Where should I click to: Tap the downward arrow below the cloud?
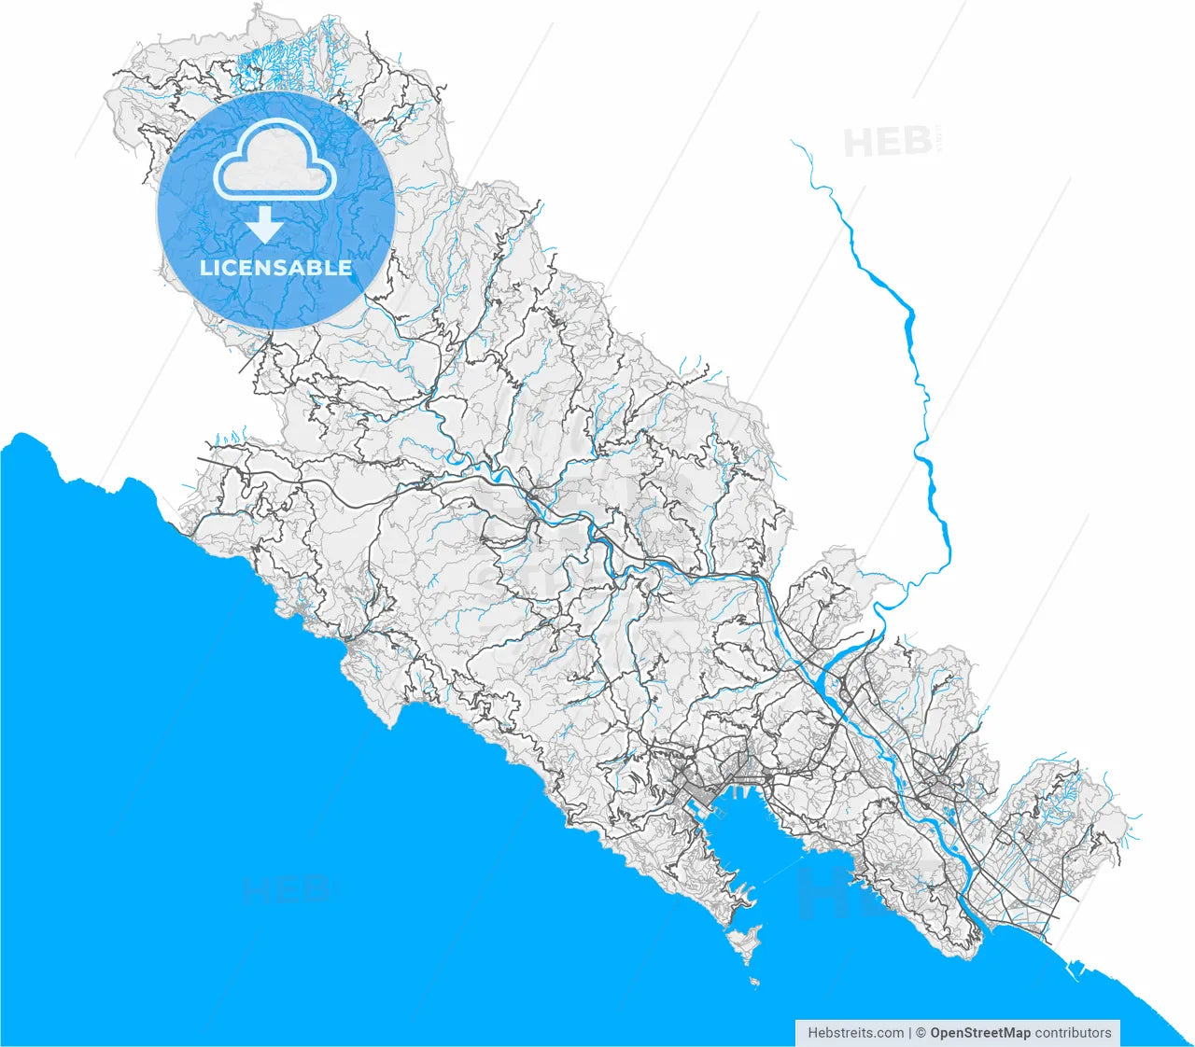coord(265,225)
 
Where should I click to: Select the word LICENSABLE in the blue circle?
coord(275,268)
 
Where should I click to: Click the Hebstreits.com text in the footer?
coord(855,1033)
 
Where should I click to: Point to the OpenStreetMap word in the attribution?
coord(980,1033)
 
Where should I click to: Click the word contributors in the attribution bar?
coord(1073,1033)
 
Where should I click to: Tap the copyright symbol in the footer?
coord(921,1033)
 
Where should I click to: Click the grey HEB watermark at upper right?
coord(887,142)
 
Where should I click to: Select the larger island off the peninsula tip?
coord(745,943)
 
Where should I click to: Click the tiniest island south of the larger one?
coord(754,982)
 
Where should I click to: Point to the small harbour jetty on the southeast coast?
coord(1074,970)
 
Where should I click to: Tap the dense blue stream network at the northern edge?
coord(280,56)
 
